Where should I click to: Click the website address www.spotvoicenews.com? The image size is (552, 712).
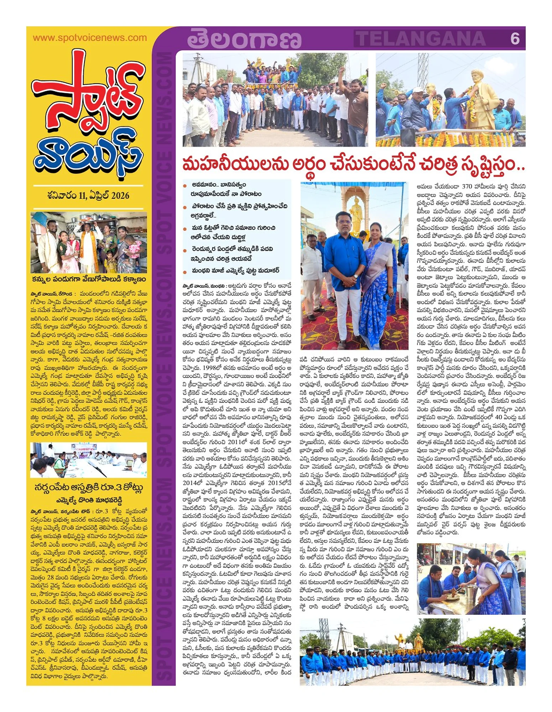pos(89,38)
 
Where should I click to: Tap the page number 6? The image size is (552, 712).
pos(515,38)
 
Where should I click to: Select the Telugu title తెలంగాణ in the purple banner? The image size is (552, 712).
pos(244,39)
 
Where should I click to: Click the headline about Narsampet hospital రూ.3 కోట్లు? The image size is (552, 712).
pos(89,487)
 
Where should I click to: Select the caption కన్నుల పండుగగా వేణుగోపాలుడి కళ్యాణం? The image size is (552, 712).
pos(89,279)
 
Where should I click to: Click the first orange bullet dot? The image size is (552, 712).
pos(185,186)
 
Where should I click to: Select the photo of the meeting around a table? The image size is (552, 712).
pos(89,460)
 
